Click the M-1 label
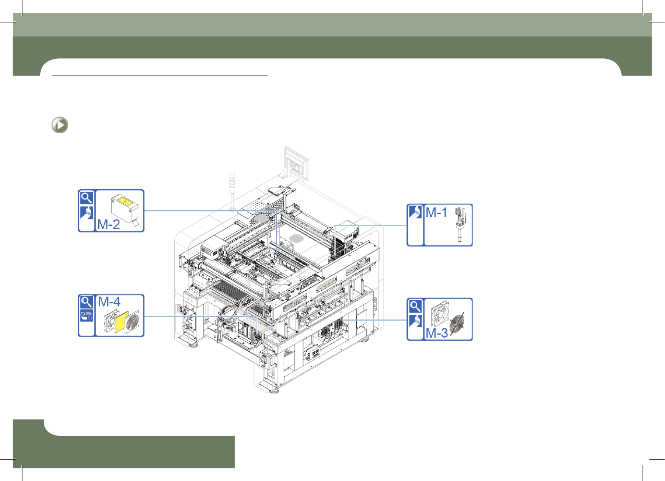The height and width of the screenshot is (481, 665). click(436, 213)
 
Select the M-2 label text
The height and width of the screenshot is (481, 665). click(108, 224)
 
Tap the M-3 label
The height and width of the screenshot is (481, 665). click(437, 333)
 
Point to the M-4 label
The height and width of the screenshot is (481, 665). click(109, 302)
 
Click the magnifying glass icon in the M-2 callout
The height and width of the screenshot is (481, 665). click(87, 198)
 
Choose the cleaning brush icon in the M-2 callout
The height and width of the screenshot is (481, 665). click(87, 213)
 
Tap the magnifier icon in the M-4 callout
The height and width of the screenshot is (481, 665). click(87, 302)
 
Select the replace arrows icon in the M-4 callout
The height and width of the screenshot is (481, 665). click(87, 316)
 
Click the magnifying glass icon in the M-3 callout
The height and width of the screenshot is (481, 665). click(415, 306)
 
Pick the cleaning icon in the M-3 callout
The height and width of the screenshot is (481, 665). click(415, 321)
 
